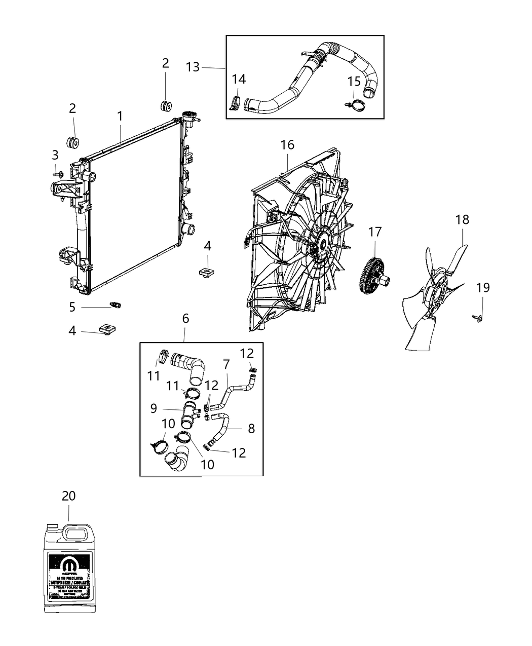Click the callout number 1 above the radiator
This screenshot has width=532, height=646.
coord(120,116)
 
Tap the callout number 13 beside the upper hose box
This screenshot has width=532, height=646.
coord(193,67)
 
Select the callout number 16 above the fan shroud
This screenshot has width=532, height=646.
coord(287,145)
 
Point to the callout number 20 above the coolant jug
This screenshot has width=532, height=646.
coord(68,496)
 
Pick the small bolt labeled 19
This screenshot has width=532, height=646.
coord(479,317)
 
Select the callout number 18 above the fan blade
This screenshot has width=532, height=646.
coord(462,219)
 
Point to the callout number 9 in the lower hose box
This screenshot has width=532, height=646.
coord(154,408)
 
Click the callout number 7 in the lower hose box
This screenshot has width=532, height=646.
coord(226,364)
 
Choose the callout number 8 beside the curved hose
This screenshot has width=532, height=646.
coord(251,428)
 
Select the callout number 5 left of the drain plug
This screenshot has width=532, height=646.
coord(72,307)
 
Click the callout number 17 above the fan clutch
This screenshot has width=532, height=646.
coord(374,232)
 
